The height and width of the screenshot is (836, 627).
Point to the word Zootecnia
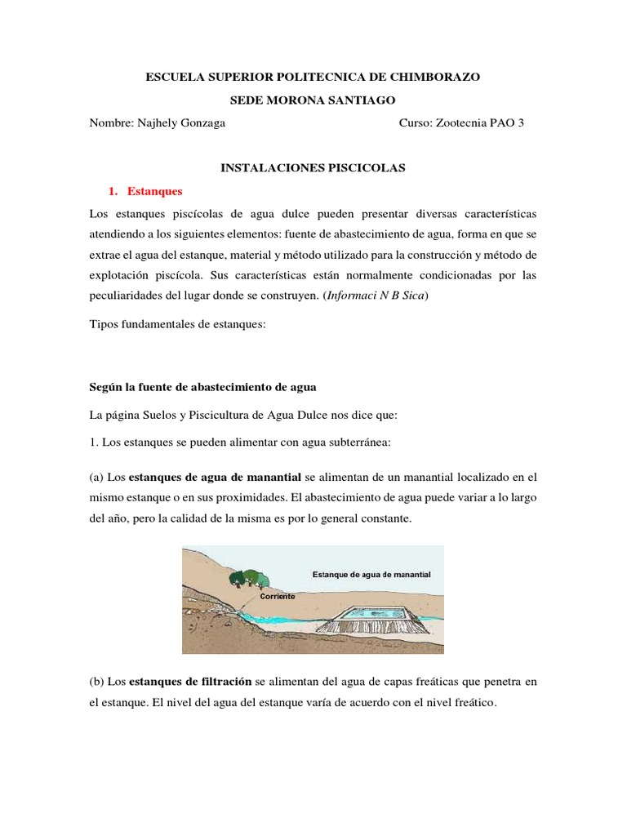point(462,123)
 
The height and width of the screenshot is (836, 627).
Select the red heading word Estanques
point(155,191)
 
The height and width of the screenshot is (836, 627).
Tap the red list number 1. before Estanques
point(113,191)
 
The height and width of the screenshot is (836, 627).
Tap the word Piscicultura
point(224,415)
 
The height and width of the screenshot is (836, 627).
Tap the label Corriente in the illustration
point(277,597)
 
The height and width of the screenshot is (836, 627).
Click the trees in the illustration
point(248,576)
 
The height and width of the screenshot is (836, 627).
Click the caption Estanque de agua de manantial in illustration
point(371,575)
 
